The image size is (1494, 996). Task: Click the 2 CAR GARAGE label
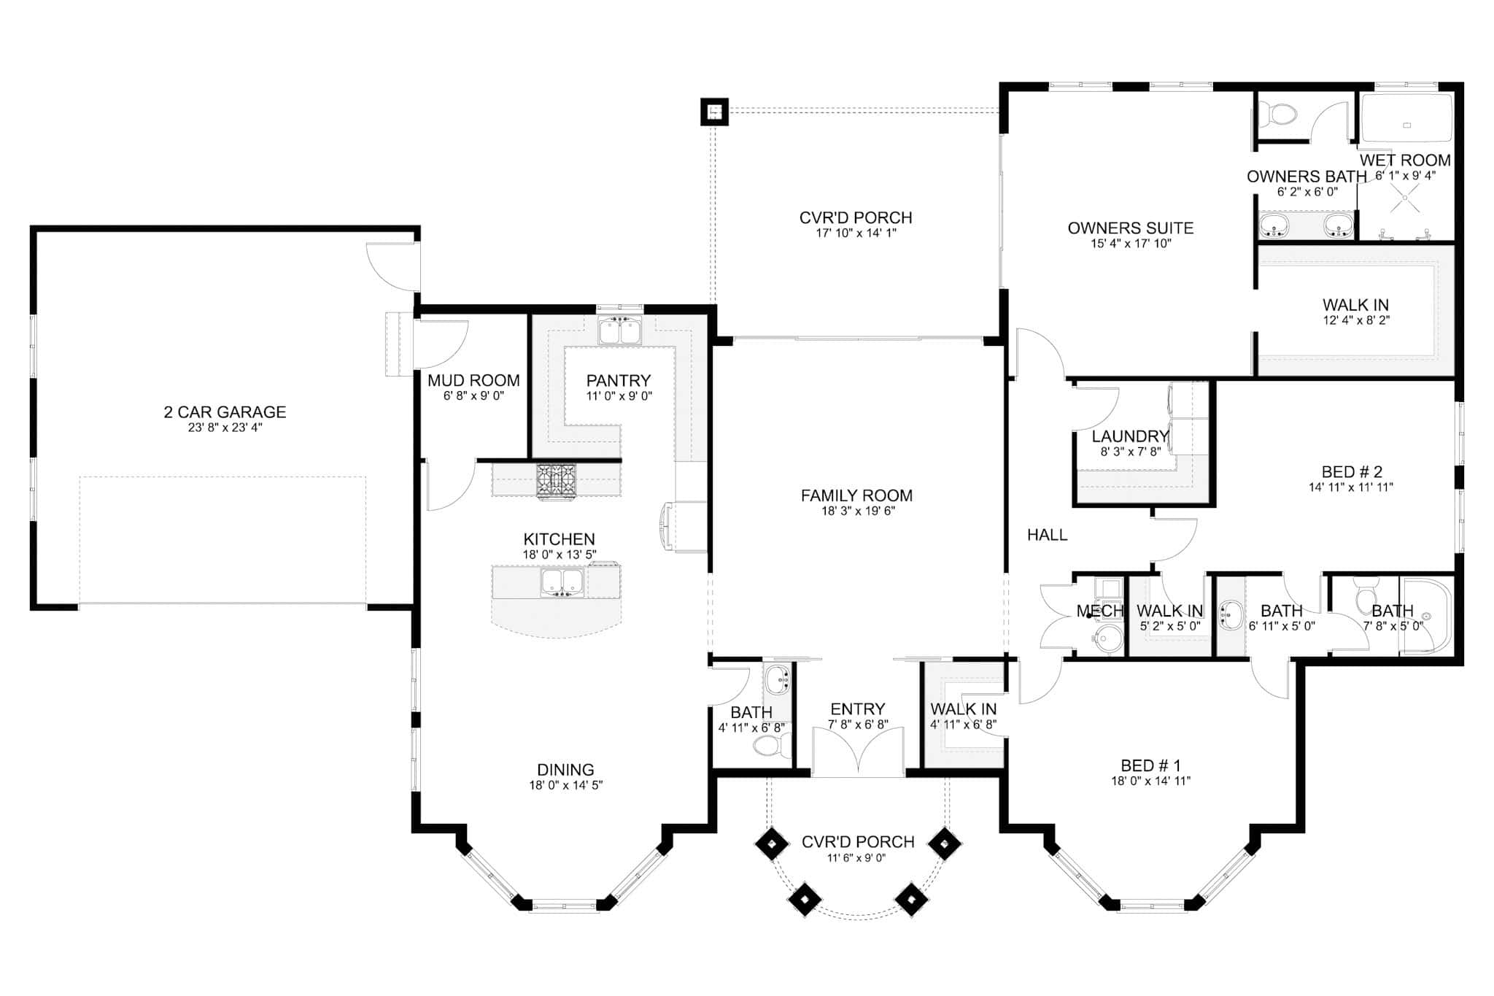225,412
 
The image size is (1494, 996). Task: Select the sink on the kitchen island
561,582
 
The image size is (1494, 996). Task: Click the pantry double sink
619,331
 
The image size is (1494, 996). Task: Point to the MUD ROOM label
473,380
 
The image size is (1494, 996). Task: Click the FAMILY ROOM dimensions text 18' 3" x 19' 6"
858,511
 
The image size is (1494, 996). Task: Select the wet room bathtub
1406,119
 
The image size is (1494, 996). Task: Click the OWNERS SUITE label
1130,228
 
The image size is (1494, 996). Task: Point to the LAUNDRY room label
1130,436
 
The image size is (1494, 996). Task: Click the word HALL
1047,535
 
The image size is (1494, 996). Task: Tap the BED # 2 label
1352,471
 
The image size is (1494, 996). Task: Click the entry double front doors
858,752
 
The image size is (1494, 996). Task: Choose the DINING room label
565,769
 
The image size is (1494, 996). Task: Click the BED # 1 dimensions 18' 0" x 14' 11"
1150,781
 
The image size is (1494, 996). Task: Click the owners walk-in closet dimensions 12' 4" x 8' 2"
1356,320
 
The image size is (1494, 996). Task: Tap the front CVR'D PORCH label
857,841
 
